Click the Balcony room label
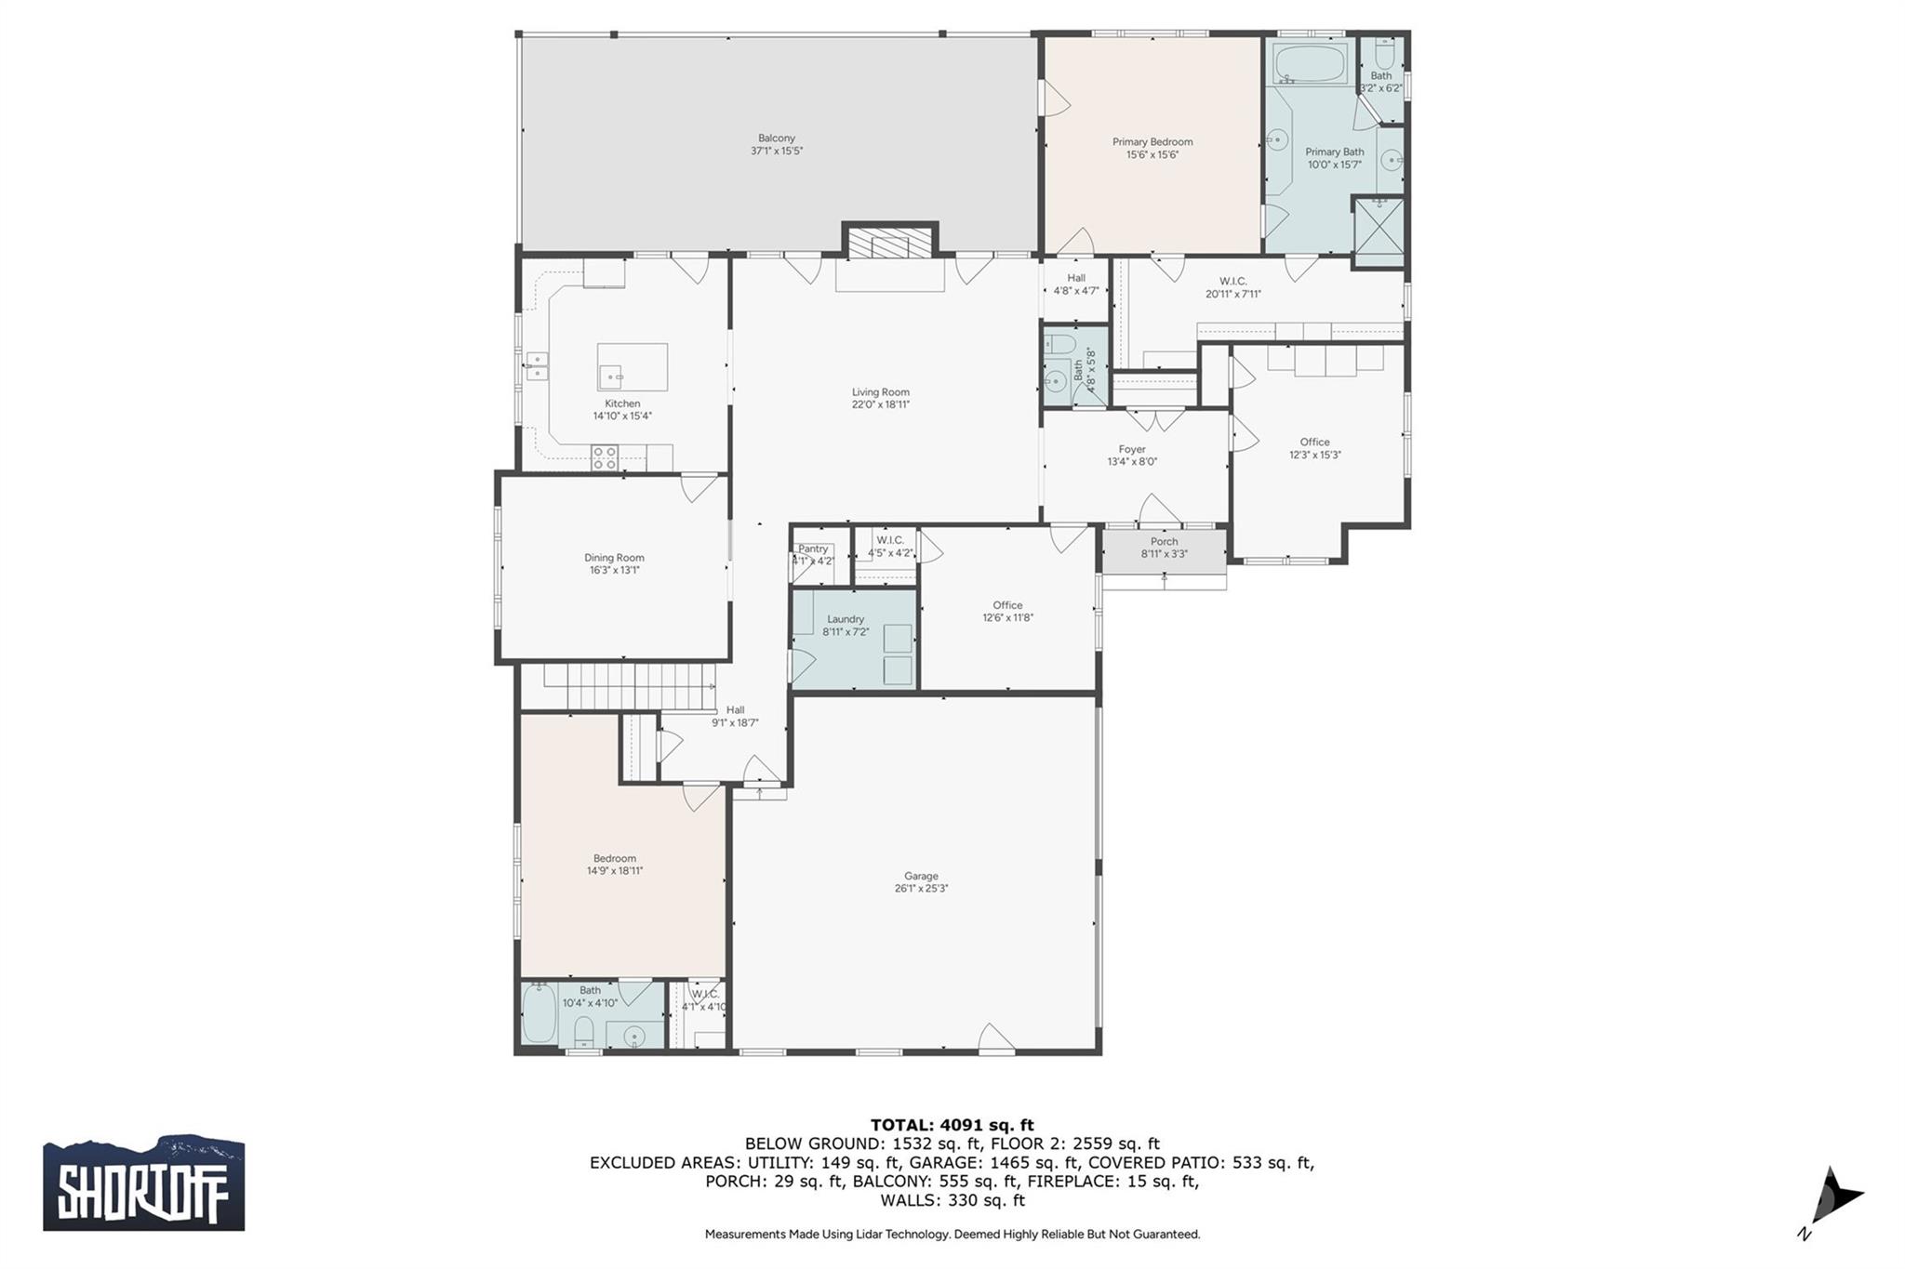[x=776, y=139]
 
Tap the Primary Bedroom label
[x=1152, y=142]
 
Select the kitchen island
[x=632, y=366]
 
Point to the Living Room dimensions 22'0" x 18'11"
[x=880, y=404]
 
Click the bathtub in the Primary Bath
[x=1309, y=63]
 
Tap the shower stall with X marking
[x=1378, y=232]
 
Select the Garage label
[x=920, y=876]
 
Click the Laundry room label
[x=845, y=619]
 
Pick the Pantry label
[x=812, y=549]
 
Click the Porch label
[x=1164, y=542]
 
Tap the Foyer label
[x=1131, y=450]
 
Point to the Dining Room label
[x=614, y=558]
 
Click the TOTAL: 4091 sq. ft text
[x=952, y=1125]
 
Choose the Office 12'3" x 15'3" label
[x=1314, y=443]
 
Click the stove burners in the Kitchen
[x=605, y=456]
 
